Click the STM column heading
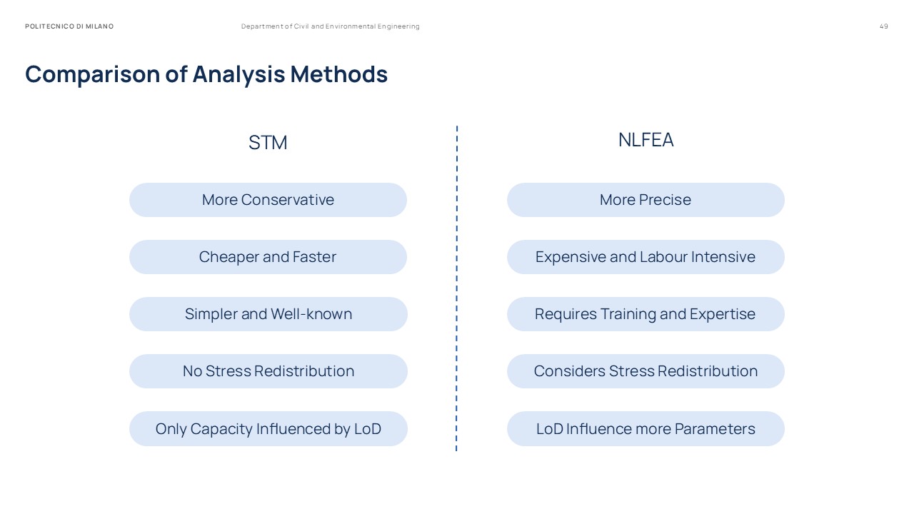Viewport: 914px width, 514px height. click(268, 143)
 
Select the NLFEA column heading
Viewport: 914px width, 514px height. click(646, 140)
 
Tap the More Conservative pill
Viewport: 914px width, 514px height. click(268, 200)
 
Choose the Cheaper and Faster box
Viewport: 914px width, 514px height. click(268, 257)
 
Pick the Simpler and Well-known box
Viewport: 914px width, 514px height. click(268, 314)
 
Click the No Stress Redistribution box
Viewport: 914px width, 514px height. click(268, 371)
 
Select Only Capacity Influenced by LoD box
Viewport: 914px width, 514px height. click(268, 429)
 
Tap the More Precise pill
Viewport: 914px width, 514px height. click(646, 200)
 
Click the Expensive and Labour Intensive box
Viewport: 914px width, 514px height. click(646, 257)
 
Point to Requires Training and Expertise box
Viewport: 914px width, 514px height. click(646, 314)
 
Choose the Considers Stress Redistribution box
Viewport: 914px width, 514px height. click(646, 371)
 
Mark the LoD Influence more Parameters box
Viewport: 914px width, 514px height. click(646, 429)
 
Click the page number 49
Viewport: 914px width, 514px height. click(884, 26)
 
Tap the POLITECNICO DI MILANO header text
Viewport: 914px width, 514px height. click(69, 26)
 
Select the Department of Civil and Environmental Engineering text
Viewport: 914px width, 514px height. click(331, 26)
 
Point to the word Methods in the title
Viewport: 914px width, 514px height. click(338, 74)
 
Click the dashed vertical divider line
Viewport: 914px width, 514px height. click(457, 286)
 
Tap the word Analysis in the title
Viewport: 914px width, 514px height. click(238, 74)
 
